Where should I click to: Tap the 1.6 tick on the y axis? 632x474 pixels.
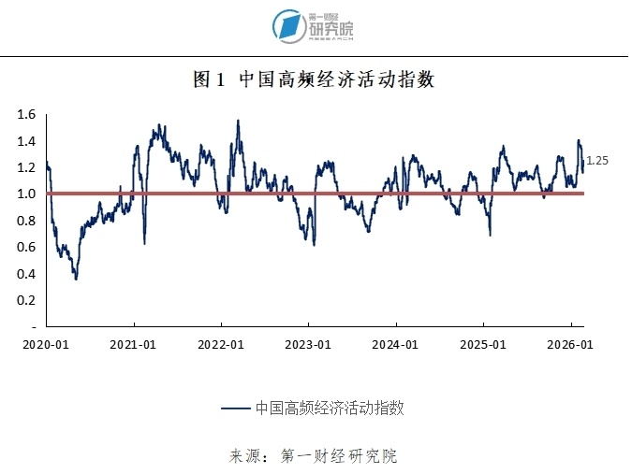pos(25,115)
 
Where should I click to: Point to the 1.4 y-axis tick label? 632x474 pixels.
pos(25,141)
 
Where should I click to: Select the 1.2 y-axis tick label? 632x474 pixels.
pos(25,167)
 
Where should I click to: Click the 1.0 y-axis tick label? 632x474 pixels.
pos(25,194)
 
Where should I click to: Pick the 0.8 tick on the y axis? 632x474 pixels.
pos(25,221)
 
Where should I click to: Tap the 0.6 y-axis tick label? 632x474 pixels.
pos(25,247)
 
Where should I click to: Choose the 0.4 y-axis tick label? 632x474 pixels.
pos(25,274)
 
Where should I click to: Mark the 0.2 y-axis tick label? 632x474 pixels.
pos(25,300)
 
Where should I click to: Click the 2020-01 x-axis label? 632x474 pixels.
pos(45,344)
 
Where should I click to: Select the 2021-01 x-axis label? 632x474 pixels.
pos(132,344)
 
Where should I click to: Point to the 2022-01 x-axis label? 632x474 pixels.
pos(221,344)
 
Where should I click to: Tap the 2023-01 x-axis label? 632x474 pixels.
pos(309,344)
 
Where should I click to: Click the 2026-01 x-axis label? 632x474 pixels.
pos(571,344)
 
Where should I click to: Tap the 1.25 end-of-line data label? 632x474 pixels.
pos(597,161)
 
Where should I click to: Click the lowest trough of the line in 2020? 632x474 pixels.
pos(76,279)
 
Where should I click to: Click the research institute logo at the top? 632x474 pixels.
pos(314,26)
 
